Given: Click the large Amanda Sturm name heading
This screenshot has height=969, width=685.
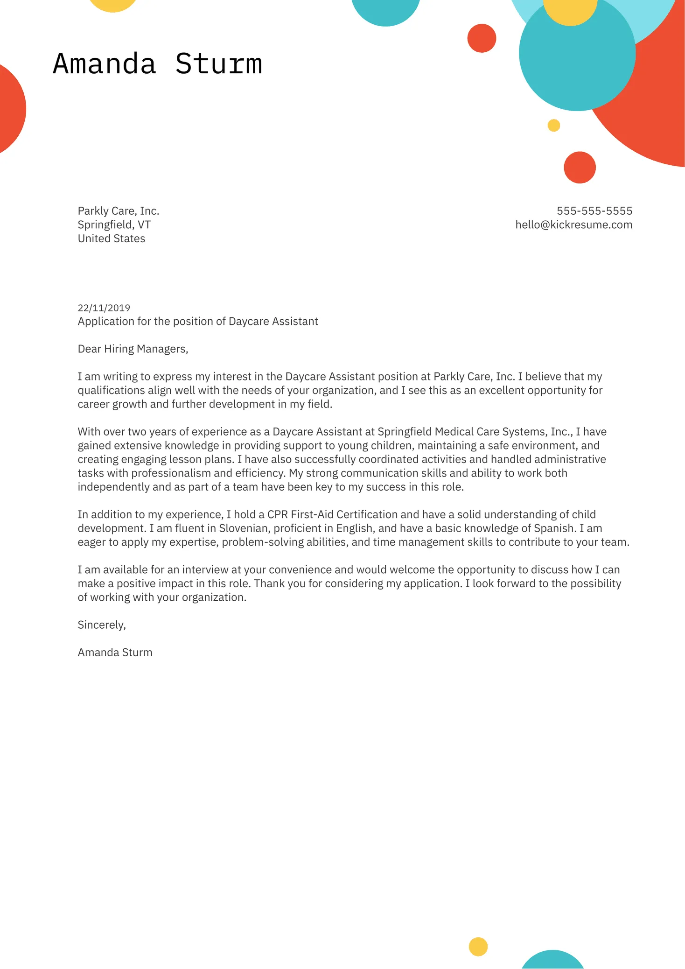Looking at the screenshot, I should [x=157, y=64].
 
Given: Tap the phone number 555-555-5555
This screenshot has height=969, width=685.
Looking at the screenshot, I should [x=594, y=211].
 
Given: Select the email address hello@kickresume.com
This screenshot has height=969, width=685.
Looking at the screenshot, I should [x=573, y=225].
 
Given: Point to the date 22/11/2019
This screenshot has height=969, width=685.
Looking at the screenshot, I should [x=104, y=308].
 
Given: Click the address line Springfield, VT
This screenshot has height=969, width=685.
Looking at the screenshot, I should [x=114, y=225].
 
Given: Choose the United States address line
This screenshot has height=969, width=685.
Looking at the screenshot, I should [x=111, y=239].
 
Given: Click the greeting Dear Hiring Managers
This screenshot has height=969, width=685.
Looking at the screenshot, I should [x=133, y=349].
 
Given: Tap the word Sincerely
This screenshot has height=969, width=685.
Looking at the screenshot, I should [x=101, y=625].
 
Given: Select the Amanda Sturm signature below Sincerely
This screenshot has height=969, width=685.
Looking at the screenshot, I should [x=115, y=653].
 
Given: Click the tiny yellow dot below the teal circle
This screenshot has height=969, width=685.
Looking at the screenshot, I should [x=553, y=126].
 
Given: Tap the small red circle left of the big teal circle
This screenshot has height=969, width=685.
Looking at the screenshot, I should [x=482, y=38].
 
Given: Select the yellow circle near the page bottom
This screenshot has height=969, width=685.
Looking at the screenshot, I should [x=478, y=947].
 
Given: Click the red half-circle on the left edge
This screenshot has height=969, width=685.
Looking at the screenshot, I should [x=10, y=109].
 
